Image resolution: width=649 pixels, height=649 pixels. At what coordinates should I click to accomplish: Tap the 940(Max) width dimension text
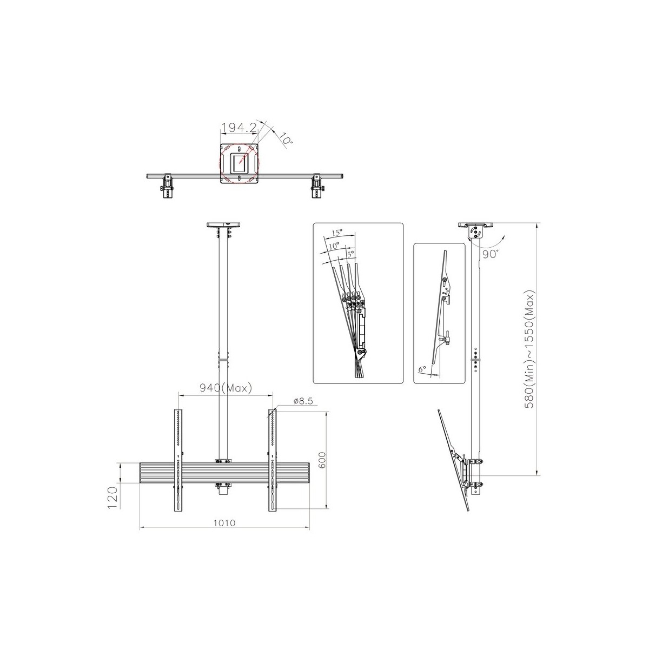click(226, 388)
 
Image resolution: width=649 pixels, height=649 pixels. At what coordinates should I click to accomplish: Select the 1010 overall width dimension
click(224, 522)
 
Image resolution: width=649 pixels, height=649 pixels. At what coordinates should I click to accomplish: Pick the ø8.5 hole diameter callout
click(303, 401)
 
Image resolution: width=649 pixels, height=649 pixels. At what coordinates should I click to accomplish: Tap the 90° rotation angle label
click(491, 254)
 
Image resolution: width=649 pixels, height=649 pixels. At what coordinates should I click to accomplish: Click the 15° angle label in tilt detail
click(337, 233)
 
